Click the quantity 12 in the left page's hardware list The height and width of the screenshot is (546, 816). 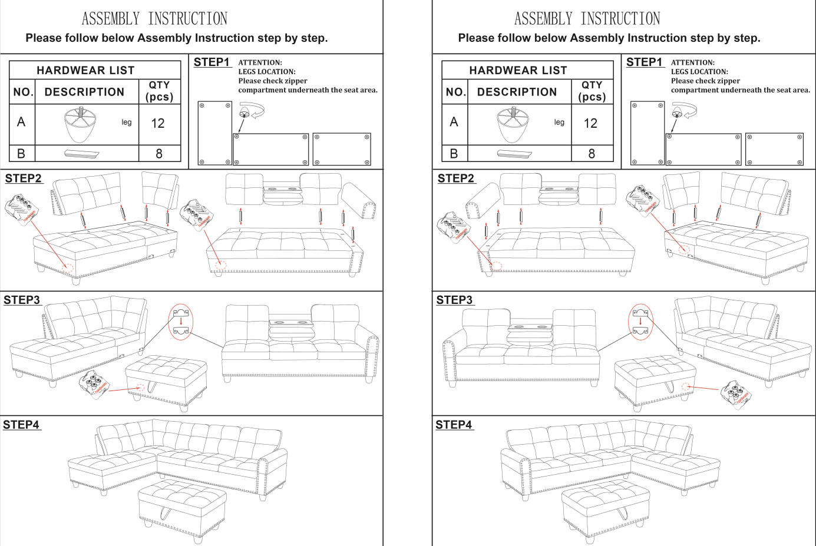[158, 123]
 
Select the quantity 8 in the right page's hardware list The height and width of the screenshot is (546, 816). [592, 154]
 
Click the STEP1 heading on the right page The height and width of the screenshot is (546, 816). [644, 62]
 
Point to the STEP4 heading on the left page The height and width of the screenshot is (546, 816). [22, 425]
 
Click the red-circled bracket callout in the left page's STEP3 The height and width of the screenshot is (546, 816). [181, 322]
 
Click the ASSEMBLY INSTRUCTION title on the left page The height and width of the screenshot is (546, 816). [154, 19]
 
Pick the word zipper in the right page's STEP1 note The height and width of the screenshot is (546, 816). [729, 81]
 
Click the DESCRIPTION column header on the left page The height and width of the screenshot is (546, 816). [84, 92]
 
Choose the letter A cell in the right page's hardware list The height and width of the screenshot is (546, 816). [454, 122]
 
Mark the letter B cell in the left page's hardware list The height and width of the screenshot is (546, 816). [21, 154]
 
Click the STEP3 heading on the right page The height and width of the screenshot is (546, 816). [454, 300]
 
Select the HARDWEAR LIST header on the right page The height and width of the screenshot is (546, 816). [518, 70]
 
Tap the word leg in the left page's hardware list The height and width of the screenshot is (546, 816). [127, 122]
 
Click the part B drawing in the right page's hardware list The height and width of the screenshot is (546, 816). [514, 154]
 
